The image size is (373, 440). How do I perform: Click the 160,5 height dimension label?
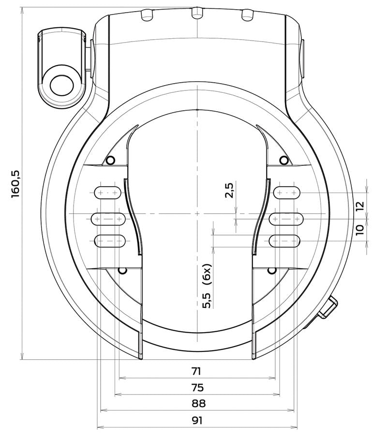pos(15,183)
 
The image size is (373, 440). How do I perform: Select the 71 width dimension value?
pos(196,371)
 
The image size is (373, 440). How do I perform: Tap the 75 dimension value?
pos(196,388)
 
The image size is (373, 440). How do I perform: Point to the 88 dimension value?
pos(196,404)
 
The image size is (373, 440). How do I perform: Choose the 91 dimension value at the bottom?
pos(196,420)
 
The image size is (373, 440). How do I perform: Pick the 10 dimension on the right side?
pos(359,230)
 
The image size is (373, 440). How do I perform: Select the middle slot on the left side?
pos(108,219)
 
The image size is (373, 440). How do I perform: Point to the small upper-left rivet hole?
pos(111,160)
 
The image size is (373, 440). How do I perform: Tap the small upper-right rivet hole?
pos(284,160)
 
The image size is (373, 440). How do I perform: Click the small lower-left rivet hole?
pos(123,270)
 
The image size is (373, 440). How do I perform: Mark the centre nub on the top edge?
pos(196,13)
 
